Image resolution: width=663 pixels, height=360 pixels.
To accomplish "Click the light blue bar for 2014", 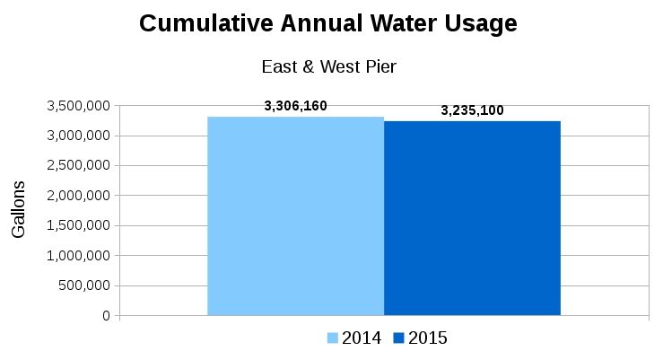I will click(x=295, y=216).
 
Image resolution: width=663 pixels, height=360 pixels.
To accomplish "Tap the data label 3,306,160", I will click(x=295, y=106).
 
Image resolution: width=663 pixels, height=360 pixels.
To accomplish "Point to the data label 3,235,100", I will click(x=472, y=111).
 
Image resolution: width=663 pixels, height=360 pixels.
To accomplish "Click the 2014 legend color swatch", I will click(x=332, y=338).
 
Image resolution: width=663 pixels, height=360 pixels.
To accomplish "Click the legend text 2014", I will click(x=361, y=338).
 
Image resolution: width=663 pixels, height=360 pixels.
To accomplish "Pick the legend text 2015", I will click(x=428, y=338).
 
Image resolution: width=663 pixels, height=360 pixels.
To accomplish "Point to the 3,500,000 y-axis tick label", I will click(x=77, y=106).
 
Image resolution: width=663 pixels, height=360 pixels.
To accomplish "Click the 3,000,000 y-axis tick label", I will click(x=77, y=136).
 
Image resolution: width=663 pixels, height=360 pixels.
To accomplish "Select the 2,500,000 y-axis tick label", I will click(x=77, y=166).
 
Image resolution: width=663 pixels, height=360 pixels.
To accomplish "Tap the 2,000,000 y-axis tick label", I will click(x=77, y=196).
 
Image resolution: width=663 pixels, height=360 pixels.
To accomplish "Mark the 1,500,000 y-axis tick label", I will click(x=77, y=225).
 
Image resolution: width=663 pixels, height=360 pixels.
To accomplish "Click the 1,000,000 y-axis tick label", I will click(x=77, y=256).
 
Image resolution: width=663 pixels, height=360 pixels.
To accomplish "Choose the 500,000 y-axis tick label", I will click(x=84, y=285).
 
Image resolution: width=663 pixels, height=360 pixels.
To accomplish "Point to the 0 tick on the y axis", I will click(x=106, y=316).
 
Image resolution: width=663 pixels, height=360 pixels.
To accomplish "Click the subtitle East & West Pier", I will click(x=328, y=66).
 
